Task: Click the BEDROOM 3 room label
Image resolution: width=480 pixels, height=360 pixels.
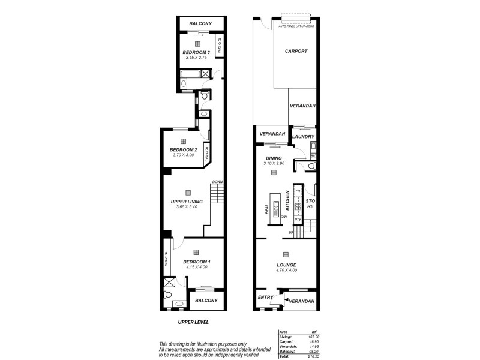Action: click(x=196, y=52)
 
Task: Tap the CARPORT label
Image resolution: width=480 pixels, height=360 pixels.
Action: click(x=296, y=51)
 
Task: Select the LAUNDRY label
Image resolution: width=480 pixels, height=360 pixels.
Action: click(x=303, y=136)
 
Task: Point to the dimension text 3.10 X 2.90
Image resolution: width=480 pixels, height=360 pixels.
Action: click(x=273, y=163)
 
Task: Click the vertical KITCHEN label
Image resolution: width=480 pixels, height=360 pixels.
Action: click(x=287, y=200)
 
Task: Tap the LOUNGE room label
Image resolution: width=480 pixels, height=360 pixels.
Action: click(x=287, y=265)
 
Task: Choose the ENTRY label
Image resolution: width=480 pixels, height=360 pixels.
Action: click(x=265, y=297)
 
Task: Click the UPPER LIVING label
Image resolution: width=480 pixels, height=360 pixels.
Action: click(x=187, y=202)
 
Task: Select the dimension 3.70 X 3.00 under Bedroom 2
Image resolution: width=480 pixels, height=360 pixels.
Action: click(x=184, y=155)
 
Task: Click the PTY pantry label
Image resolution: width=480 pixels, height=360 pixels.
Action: click(x=297, y=220)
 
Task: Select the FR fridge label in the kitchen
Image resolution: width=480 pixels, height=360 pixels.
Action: click(x=297, y=190)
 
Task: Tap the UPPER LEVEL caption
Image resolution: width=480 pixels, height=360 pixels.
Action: click(x=193, y=322)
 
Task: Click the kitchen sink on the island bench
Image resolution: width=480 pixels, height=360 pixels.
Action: click(x=275, y=209)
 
